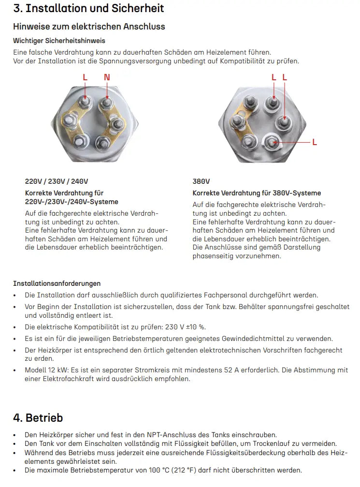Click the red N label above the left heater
click(107, 77)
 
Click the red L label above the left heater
click(85, 77)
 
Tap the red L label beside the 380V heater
click(315, 142)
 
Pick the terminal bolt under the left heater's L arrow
click(86, 103)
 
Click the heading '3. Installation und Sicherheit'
click(88, 8)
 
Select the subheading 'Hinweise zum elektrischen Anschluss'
click(89, 26)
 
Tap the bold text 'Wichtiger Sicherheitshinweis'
click(59, 41)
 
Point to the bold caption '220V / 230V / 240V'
click(57, 181)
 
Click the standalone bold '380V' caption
click(201, 181)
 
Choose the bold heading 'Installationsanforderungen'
click(57, 283)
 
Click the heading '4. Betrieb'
click(38, 417)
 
